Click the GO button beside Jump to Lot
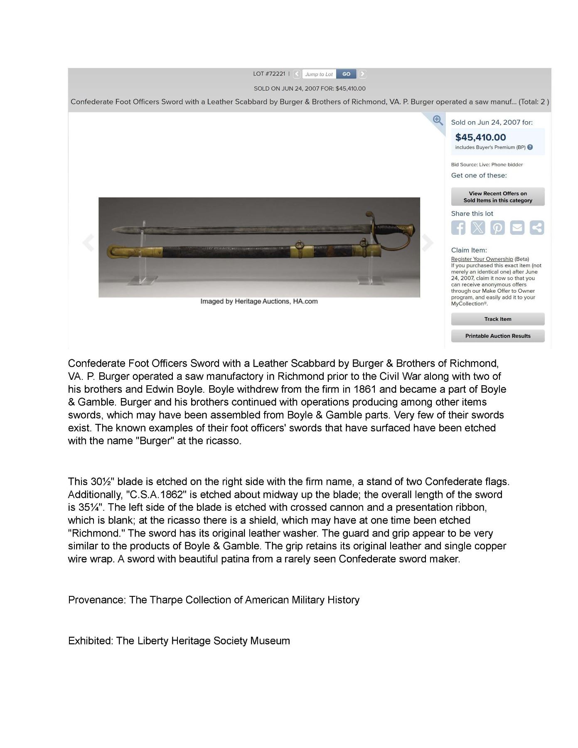(x=346, y=74)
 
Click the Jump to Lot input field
(x=319, y=74)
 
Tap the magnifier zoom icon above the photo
(x=437, y=120)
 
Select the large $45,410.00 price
(x=480, y=137)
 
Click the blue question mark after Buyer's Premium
(x=530, y=147)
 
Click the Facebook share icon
(x=458, y=228)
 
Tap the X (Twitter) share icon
(x=478, y=228)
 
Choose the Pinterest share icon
(x=497, y=228)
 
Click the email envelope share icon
(x=517, y=228)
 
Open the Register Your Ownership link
(x=482, y=259)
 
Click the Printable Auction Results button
(x=498, y=336)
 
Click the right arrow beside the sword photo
(x=428, y=243)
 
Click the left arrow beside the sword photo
(x=88, y=243)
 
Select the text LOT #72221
(x=269, y=74)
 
